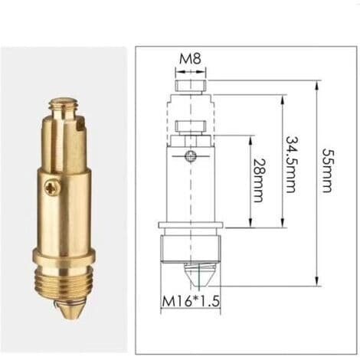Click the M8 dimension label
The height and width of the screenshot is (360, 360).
pyautogui.click(x=190, y=58)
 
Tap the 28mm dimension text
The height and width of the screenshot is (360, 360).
pyautogui.click(x=257, y=181)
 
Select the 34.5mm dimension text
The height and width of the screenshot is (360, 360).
pyautogui.click(x=290, y=165)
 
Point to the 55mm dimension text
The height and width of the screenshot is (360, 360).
pyautogui.click(x=326, y=170)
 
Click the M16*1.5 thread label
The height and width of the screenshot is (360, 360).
pyautogui.click(x=191, y=301)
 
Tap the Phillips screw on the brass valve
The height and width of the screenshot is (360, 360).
pyautogui.click(x=53, y=188)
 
